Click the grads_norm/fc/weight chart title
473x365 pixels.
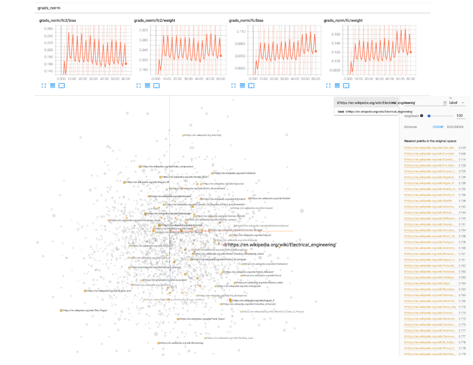(x=343, y=20)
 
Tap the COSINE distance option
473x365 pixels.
(x=438, y=127)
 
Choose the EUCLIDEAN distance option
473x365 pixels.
(x=455, y=127)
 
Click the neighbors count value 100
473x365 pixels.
(x=460, y=116)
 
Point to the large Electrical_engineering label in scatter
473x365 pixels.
(x=280, y=245)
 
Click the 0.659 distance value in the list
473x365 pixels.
(x=462, y=147)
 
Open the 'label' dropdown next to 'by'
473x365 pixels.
(x=457, y=103)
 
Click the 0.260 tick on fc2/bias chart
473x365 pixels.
(x=48, y=29)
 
